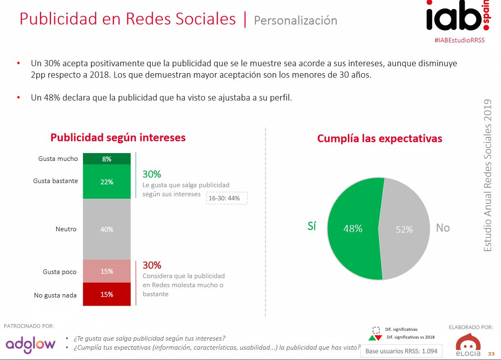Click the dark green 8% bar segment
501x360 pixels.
click(x=107, y=159)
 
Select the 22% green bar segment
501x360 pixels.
click(x=107, y=181)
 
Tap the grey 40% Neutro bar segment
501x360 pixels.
click(x=107, y=229)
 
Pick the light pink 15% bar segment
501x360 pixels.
click(x=107, y=271)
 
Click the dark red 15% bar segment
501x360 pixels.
click(x=107, y=294)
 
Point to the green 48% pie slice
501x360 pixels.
click(x=352, y=229)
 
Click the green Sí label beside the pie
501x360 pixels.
click(x=312, y=226)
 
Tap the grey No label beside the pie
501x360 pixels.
click(x=443, y=228)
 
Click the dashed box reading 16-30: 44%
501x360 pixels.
click(x=227, y=198)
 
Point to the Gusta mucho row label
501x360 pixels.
click(x=58, y=159)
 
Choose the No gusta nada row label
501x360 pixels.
click(x=55, y=295)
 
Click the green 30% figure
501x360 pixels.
click(x=151, y=174)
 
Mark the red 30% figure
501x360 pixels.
click(x=151, y=265)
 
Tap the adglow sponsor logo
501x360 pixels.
click(x=30, y=344)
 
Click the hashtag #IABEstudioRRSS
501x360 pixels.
click(x=459, y=40)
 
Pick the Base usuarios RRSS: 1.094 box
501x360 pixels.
click(x=398, y=351)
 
